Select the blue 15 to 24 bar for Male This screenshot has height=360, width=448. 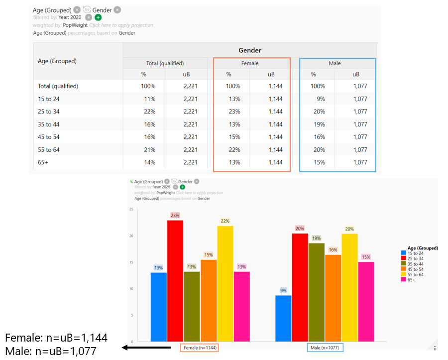pos(283,318)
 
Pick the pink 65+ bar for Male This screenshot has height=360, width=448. pos(366,301)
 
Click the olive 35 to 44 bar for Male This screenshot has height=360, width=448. pos(316,292)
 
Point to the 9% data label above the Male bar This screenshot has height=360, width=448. pos(283,290)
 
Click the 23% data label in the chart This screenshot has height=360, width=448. pos(175,216)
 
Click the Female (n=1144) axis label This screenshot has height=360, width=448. pos(199,348)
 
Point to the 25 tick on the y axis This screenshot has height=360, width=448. pos(131,210)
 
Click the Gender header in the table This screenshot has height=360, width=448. pos(249,50)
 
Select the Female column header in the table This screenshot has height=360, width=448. pos(250,63)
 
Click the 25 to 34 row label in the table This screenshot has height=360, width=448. pos(49,112)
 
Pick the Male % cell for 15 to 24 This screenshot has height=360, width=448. pos(319,99)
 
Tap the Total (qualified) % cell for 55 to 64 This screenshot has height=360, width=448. pos(148,150)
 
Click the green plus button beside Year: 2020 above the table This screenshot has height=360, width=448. pos(98,17)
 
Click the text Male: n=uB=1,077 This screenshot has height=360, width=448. pos(51,351)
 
